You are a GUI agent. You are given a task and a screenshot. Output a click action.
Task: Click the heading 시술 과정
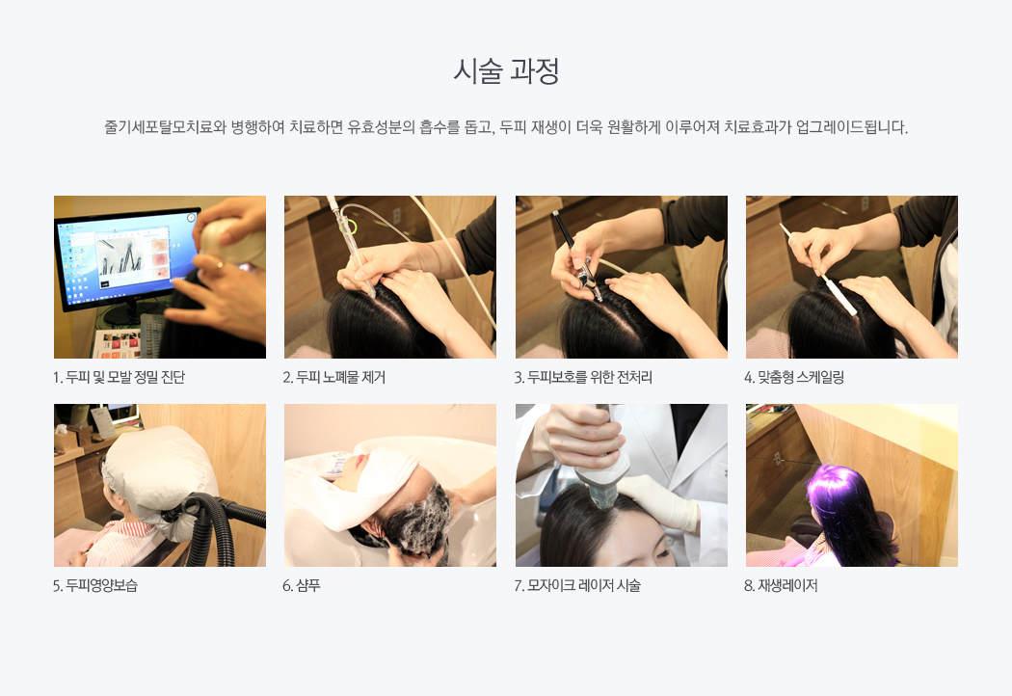click(505, 71)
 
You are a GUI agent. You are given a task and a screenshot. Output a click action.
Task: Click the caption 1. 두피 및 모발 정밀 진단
click(119, 377)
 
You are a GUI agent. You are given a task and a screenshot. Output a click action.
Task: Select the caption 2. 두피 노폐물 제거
click(333, 377)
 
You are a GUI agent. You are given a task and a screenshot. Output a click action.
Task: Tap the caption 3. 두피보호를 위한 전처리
click(583, 377)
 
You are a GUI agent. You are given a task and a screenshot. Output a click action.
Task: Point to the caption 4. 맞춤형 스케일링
click(794, 377)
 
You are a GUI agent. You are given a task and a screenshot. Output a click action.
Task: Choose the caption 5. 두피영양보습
click(94, 585)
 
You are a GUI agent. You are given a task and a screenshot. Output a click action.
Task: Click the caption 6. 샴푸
click(302, 585)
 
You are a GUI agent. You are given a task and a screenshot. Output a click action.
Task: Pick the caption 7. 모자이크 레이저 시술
click(577, 585)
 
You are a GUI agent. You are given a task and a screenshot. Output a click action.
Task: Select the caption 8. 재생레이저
click(781, 585)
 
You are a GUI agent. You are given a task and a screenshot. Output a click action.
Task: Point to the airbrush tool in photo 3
click(578, 257)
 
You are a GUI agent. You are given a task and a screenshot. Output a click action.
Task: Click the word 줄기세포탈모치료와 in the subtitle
click(165, 126)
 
